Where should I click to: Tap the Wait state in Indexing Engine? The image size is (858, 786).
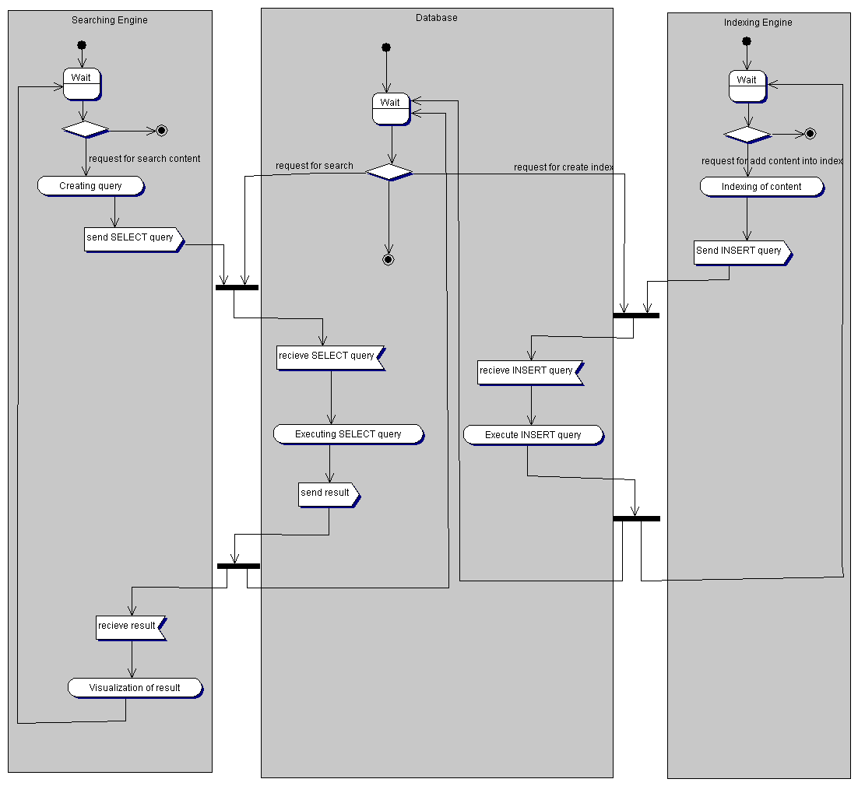747,86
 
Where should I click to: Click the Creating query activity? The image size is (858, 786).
91,186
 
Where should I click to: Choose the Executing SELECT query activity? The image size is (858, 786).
348,434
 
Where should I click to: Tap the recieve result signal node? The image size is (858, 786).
130,626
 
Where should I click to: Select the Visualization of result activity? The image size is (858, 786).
135,688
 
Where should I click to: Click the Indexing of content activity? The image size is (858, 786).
761,187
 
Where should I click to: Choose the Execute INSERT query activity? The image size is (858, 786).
533,435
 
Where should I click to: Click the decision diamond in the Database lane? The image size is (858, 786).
389,171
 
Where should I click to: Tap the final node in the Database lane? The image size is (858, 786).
389,259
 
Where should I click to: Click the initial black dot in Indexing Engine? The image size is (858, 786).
747,41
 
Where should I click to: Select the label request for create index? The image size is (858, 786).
564,167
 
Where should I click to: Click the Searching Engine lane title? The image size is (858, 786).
110,20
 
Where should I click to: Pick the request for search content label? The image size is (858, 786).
145,159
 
